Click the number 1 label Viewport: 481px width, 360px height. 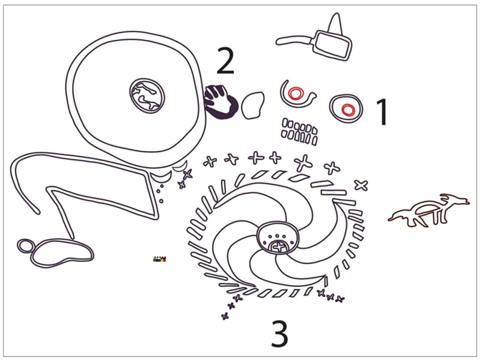pos(383,112)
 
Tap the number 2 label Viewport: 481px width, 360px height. pos(225,62)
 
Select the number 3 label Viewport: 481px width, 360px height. pos(279,334)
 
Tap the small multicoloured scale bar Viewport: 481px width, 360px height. pos(160,258)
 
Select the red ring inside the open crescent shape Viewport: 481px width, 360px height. pos(295,94)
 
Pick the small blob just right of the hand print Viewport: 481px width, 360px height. pos(252,105)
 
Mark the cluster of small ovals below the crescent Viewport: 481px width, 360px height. pos(299,130)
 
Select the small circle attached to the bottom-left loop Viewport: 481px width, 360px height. pos(26,246)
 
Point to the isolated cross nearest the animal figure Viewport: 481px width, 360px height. pos(361,185)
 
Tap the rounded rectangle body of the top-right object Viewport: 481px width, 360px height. pos(333,45)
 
